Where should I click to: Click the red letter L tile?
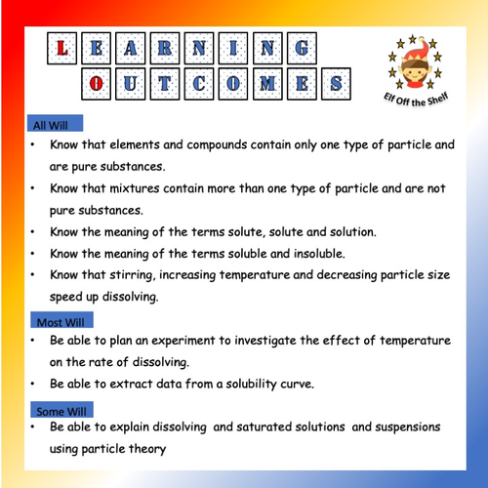tap(62, 47)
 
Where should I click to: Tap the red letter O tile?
tap(95, 82)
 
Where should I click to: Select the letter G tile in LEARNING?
tap(304, 47)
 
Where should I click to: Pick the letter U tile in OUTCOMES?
tap(132, 82)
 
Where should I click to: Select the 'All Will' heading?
tap(55, 125)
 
